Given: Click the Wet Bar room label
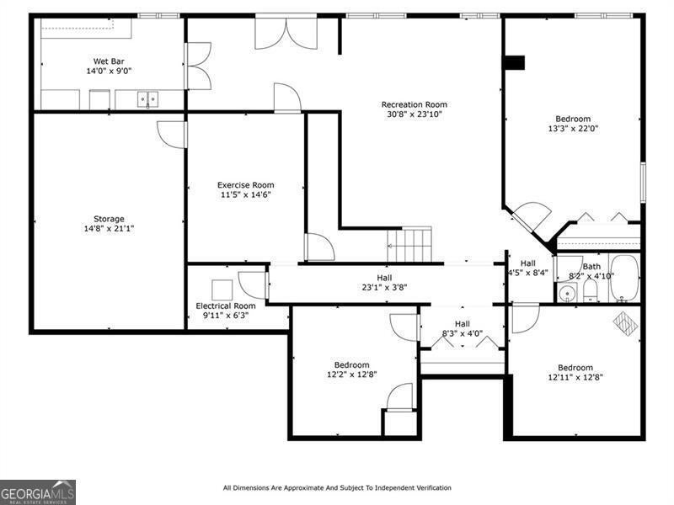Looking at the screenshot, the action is click(x=109, y=61).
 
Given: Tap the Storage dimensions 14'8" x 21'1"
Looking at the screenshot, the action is click(x=109, y=228).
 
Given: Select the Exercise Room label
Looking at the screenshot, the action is click(x=245, y=185).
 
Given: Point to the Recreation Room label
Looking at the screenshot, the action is click(x=414, y=104).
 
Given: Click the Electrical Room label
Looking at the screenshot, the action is click(x=226, y=306).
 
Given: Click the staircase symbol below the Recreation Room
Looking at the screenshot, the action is click(x=409, y=244).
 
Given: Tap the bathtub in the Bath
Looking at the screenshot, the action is click(x=624, y=278).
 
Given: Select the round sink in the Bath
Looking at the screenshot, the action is click(x=568, y=294).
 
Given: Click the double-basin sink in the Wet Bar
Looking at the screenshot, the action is click(x=147, y=99).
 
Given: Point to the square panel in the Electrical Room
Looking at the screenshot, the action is click(x=222, y=290).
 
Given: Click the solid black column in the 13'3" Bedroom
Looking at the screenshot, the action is click(x=515, y=62).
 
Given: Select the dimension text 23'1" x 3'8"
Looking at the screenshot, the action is click(x=384, y=287).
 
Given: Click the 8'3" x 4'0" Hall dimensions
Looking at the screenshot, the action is click(x=463, y=333).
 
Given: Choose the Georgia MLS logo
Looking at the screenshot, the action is click(x=38, y=492).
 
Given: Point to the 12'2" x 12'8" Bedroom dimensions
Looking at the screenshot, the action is click(x=352, y=375).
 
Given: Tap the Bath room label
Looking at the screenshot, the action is click(x=591, y=267).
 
